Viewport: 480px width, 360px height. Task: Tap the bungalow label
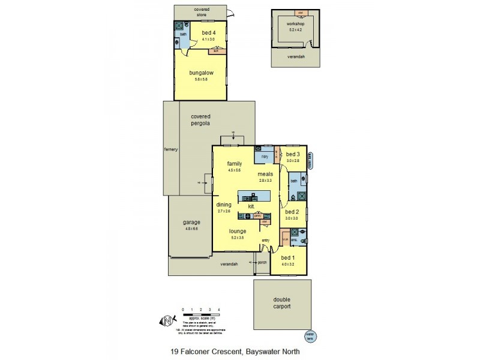click(x=201, y=73)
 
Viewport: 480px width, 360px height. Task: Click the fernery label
click(x=172, y=149)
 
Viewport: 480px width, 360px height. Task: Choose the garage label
click(x=192, y=223)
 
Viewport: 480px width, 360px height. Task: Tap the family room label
click(x=235, y=163)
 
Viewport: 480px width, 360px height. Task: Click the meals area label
click(x=265, y=175)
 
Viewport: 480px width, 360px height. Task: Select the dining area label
click(x=224, y=205)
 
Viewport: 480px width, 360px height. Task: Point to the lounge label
click(x=238, y=230)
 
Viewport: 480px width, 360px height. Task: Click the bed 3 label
click(x=293, y=155)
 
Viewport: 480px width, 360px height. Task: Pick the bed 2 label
click(x=292, y=212)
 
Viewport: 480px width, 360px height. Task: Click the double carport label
click(x=282, y=303)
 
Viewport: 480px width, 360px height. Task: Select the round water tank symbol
click(x=310, y=334)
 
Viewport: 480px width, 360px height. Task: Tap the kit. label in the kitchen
click(x=251, y=206)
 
